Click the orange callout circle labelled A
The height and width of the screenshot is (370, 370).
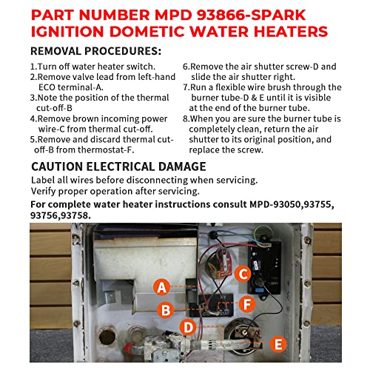coord(161,287)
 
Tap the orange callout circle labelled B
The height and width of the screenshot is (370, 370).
coord(166,309)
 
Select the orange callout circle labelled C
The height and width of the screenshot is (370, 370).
coord(243,274)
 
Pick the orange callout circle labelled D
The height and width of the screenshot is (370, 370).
coord(188,328)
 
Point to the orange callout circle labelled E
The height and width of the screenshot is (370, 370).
coord(278,343)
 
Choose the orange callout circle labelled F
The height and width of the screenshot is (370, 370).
coord(247,304)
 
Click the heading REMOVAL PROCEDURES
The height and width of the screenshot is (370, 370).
coord(95,51)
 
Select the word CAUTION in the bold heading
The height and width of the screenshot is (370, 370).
coord(57,166)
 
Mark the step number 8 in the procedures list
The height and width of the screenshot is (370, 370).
coord(185,118)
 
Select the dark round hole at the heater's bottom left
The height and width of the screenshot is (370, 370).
coord(107,337)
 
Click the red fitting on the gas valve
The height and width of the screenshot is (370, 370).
coord(129,349)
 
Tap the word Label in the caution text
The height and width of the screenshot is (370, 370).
coord(43,180)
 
